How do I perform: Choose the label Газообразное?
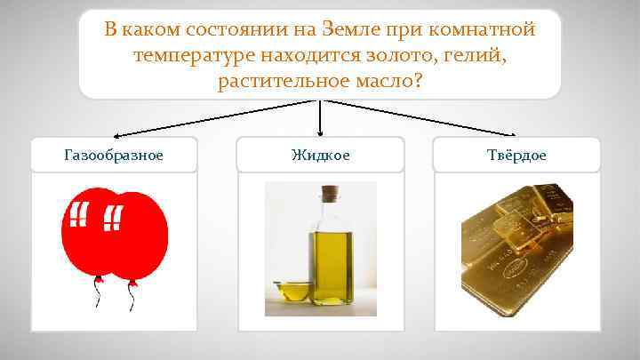114,155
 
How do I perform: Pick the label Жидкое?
320,155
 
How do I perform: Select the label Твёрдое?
517,155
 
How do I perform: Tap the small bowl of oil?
291,290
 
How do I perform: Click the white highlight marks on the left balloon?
78,214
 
